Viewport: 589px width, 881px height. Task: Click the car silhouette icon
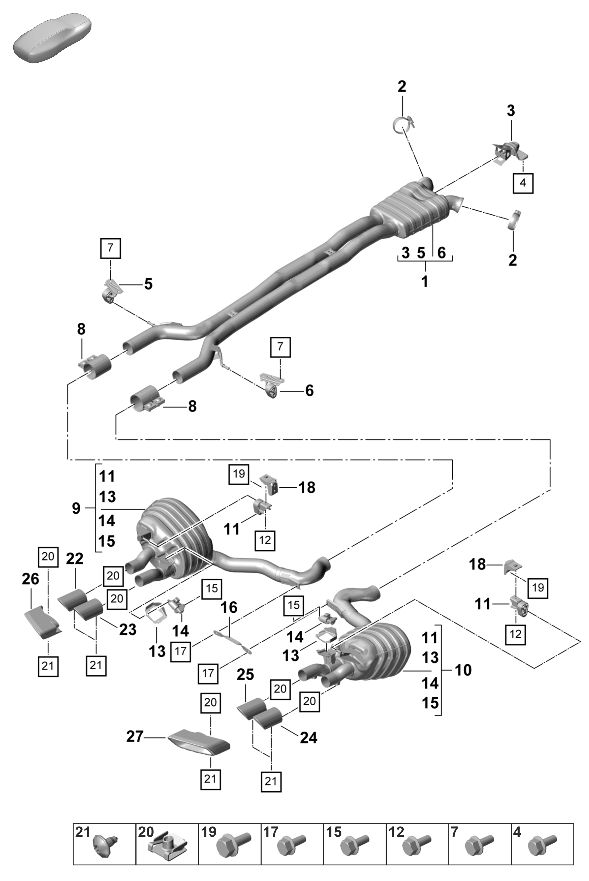pyautogui.click(x=52, y=38)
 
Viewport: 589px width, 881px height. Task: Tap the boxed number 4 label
pyautogui.click(x=523, y=183)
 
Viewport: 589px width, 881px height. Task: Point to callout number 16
pyautogui.click(x=229, y=607)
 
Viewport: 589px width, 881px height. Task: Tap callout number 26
pyautogui.click(x=30, y=579)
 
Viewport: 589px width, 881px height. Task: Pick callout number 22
pyautogui.click(x=74, y=559)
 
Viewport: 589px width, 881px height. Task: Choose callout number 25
pyautogui.click(x=245, y=675)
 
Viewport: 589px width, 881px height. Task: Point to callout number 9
pyautogui.click(x=76, y=508)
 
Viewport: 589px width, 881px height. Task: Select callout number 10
pyautogui.click(x=463, y=670)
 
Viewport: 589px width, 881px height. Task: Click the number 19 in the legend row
pyautogui.click(x=208, y=832)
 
